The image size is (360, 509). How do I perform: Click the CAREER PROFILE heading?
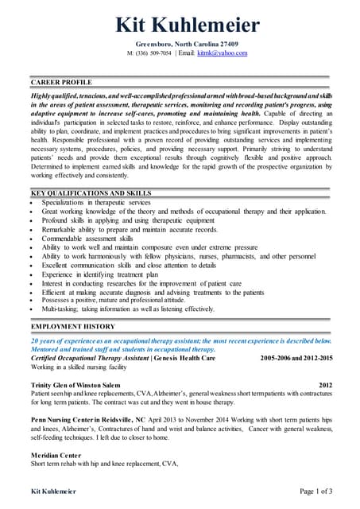point(61,83)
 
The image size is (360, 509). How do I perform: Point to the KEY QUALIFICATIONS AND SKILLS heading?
point(91,193)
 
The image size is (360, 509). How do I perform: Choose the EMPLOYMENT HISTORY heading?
point(72,327)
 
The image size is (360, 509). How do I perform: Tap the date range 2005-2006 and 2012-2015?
point(296,358)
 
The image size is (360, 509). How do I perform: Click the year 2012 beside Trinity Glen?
point(325,385)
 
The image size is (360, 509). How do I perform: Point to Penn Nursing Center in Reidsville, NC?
point(88,418)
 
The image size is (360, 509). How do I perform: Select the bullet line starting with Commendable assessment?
point(87,239)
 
